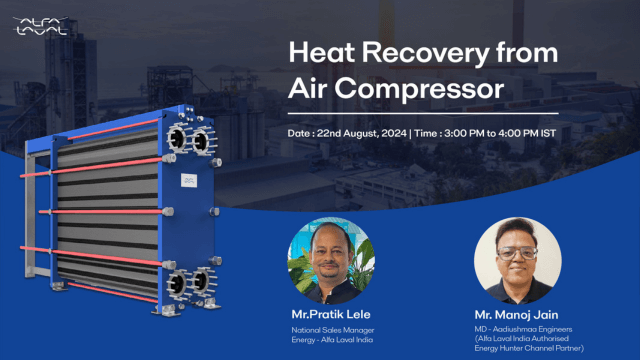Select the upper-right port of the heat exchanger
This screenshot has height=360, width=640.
point(208,137)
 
